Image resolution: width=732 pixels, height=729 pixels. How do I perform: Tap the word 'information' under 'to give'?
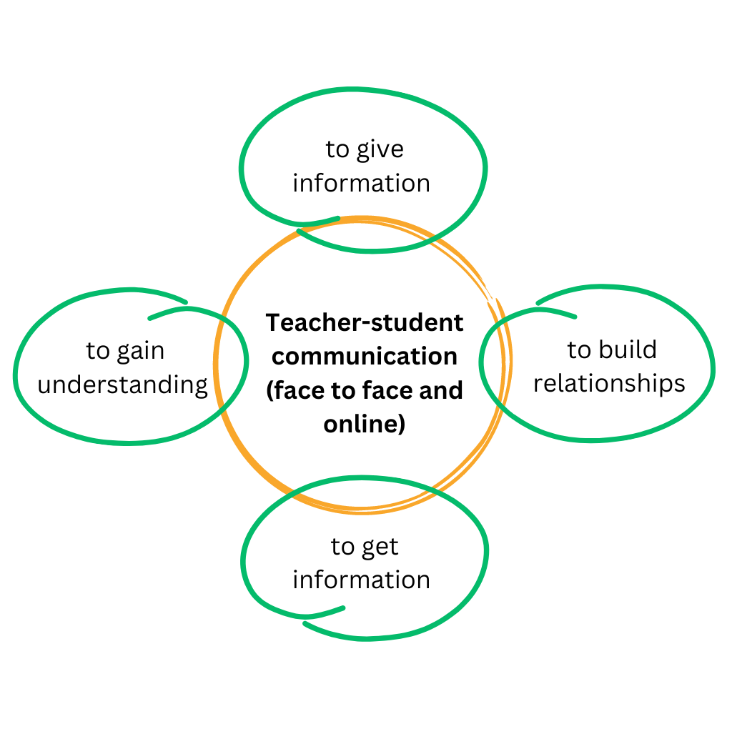[361, 183]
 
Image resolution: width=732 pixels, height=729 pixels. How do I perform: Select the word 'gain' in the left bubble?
[141, 352]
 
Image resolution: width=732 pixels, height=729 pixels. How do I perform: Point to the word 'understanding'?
[123, 385]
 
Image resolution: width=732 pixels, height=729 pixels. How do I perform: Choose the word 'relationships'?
[609, 384]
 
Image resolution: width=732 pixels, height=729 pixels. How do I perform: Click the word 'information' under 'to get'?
[361, 580]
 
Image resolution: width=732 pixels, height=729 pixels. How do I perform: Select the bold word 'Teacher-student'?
[365, 323]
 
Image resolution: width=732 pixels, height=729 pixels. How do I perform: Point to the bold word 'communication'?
[365, 357]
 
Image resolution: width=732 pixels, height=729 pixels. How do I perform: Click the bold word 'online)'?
[365, 425]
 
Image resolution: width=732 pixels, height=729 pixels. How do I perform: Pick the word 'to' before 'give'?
[337, 150]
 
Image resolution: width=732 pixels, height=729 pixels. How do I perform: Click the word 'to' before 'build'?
[579, 350]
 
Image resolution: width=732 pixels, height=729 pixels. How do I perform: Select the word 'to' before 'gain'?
[98, 351]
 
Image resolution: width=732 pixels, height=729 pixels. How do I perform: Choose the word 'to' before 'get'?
[342, 547]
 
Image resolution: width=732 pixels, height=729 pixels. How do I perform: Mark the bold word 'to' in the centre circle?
[344, 391]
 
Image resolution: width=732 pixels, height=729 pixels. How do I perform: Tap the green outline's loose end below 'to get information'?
[344, 607]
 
